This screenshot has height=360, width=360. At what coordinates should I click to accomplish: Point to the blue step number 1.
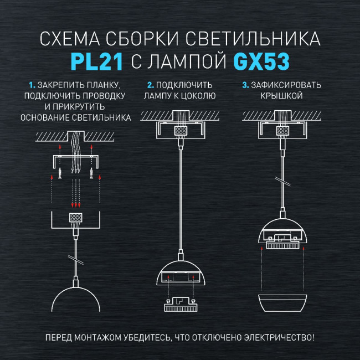[32, 85]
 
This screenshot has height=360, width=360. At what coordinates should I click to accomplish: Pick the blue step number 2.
[150, 85]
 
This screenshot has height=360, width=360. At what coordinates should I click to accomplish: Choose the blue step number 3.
[246, 85]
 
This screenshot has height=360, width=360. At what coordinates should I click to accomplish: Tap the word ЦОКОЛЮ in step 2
[198, 96]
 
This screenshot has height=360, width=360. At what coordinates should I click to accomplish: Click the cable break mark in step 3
[282, 182]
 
